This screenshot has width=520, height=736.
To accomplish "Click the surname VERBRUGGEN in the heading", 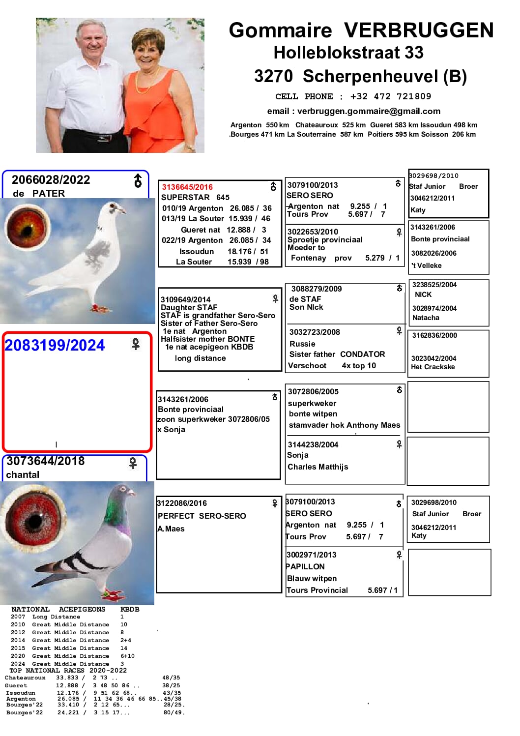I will pyautogui.click(x=418, y=30).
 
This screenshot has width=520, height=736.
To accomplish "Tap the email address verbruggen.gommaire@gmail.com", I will pyautogui.click(x=369, y=111).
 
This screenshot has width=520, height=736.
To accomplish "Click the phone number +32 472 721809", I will pyautogui.click(x=390, y=96).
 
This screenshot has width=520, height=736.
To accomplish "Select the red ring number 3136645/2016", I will pyautogui.click(x=187, y=187).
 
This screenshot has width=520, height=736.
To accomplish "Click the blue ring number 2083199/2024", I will pyautogui.click(x=55, y=345).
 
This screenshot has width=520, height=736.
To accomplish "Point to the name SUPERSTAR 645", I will pyautogui.click(x=195, y=197).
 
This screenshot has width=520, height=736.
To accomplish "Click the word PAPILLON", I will pyautogui.click(x=305, y=566).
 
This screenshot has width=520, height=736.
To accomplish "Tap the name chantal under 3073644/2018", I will pyautogui.click(x=23, y=474).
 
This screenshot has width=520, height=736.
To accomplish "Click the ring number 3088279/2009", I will pyautogui.click(x=317, y=289).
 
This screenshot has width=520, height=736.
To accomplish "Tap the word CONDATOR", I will pyautogui.click(x=362, y=354).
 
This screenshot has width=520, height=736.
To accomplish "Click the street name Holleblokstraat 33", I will pyautogui.click(x=348, y=53).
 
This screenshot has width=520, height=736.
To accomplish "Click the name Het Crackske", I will pyautogui.click(x=433, y=367).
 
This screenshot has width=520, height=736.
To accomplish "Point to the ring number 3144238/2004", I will pyautogui.click(x=313, y=444).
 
